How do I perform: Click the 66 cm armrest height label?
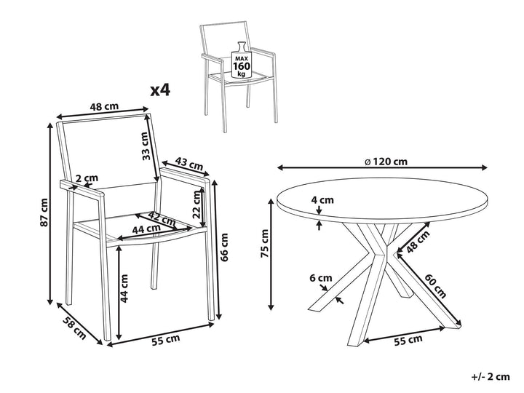tap(225, 246)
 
